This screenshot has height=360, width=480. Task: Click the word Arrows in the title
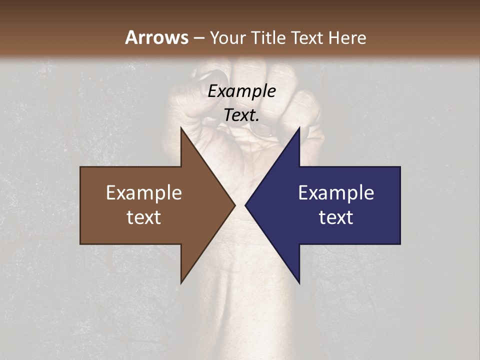[156, 37]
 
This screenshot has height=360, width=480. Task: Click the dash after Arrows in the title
[198, 38]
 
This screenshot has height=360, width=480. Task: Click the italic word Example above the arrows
[241, 91]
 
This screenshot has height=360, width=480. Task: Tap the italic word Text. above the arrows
[241, 115]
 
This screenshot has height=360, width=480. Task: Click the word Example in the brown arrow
[144, 193]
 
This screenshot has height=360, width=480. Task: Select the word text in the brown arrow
[144, 217]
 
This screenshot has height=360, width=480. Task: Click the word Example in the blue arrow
[336, 193]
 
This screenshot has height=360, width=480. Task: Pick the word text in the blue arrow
[336, 217]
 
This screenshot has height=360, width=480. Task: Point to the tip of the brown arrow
[234, 205]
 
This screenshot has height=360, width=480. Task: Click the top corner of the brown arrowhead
[181, 128]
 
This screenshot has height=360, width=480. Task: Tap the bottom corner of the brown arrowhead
[181, 282]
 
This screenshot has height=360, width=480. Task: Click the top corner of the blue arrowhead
[299, 128]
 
